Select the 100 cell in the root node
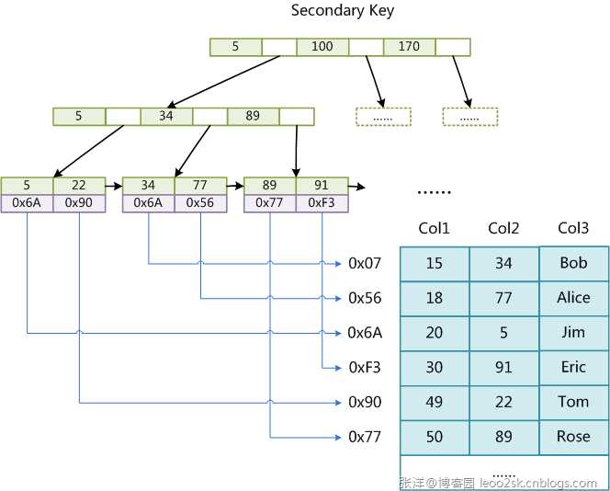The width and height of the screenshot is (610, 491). coord(322,46)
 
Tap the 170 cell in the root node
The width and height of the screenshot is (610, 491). coord(410,46)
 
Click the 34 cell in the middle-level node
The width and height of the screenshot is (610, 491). coord(166,117)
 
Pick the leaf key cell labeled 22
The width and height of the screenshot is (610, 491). coord(79,186)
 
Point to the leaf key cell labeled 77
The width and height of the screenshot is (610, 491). coord(200,186)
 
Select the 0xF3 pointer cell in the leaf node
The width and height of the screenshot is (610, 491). coord(322,203)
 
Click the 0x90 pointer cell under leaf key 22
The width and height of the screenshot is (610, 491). coord(79,203)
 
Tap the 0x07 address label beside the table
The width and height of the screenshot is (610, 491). coord(365,264)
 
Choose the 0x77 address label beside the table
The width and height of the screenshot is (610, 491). coord(365,437)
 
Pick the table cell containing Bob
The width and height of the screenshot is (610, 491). coord(573,264)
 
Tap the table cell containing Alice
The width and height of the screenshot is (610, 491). coord(573,298)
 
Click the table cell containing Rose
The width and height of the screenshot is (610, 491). coord(573,437)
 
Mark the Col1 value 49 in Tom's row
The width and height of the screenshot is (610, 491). coord(435,402)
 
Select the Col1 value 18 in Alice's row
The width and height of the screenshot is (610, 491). coord(435,298)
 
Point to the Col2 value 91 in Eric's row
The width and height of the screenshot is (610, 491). coord(503,368)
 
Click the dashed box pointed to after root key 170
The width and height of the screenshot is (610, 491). coord(469,117)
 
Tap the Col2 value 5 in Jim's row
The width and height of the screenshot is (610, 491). coord(503,333)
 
